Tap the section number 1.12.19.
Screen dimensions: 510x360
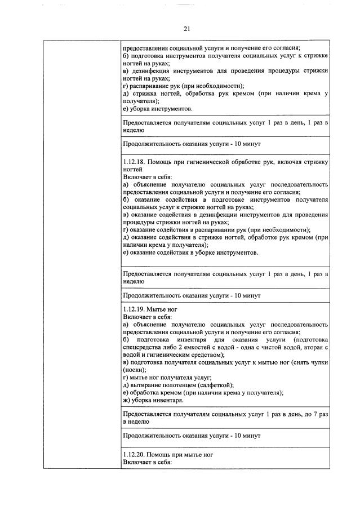pyautogui.click(x=135, y=310)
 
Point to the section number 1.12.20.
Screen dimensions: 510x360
pyautogui.click(x=135, y=454)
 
